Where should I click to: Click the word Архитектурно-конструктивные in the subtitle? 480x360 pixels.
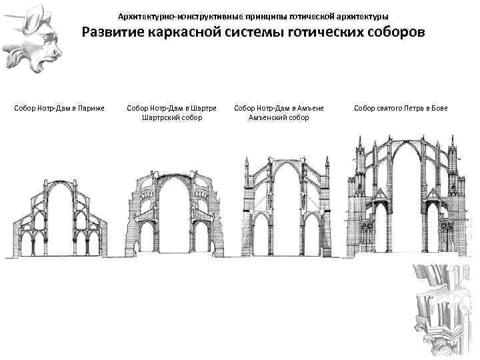pos(164,15)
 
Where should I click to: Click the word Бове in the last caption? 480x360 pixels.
pos(439,108)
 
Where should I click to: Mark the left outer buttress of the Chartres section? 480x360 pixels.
pos(133,220)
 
